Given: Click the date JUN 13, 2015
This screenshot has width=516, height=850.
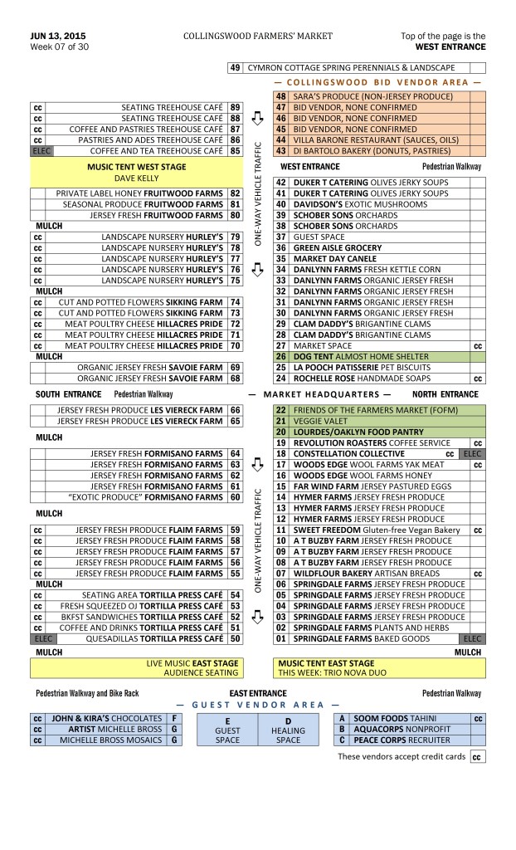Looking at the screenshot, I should coord(57,37).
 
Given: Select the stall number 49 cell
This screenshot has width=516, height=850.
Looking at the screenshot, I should coord(234,67).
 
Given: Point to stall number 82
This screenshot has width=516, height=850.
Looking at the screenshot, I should coord(235,193).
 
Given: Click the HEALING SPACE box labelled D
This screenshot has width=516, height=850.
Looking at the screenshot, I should coord(289,729).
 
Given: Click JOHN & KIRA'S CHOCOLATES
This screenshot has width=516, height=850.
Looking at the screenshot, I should coord(108,718).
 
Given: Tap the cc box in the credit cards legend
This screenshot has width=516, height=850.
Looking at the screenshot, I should coord(478,758).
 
